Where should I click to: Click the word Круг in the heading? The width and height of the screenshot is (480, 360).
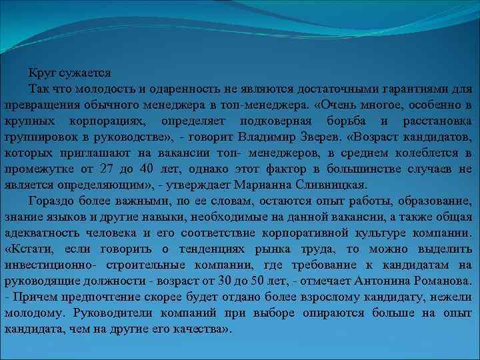(x=41, y=72)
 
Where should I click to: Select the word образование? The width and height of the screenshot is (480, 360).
(x=437, y=201)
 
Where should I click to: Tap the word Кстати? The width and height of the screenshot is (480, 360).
(x=31, y=249)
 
